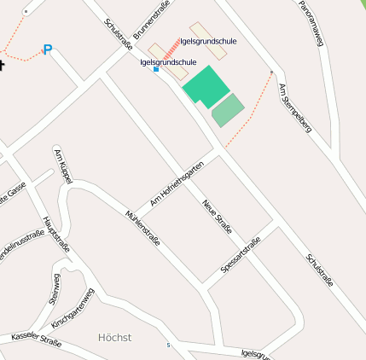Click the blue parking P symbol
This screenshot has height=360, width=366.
tap(48, 49)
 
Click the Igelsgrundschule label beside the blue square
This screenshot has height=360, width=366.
tap(168, 62)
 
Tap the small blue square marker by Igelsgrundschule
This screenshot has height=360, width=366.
tap(155, 70)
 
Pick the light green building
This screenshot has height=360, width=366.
tap(228, 110)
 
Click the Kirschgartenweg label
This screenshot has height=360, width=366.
tap(73, 309)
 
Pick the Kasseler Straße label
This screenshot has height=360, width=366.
tap(36, 339)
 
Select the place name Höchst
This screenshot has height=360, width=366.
tap(115, 337)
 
